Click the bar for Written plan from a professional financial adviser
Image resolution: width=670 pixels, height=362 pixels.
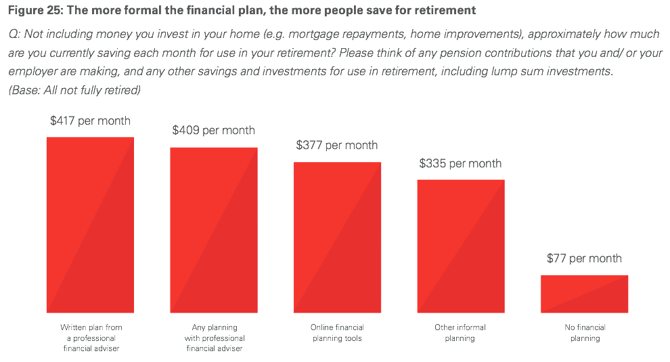[90, 224]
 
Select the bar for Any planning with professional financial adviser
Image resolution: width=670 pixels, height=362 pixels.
[214, 230]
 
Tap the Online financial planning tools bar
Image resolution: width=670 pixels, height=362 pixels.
[337, 237]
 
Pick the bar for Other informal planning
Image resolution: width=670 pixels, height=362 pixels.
[461, 246]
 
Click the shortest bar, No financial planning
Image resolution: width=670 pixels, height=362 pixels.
[584, 294]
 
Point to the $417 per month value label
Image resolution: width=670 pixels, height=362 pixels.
[90, 121]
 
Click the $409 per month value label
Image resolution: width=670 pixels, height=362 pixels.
[214, 131]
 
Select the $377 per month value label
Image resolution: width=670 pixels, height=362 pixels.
[337, 146]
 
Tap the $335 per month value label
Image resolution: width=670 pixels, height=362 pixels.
[460, 163]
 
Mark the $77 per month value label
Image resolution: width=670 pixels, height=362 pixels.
[584, 258]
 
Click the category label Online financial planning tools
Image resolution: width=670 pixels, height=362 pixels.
[337, 333]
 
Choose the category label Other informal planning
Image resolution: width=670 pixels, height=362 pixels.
[460, 333]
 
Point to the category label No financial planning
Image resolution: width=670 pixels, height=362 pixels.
[585, 333]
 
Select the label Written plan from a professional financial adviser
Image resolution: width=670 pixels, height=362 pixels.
[91, 338]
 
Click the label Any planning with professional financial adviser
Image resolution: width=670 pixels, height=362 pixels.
[215, 338]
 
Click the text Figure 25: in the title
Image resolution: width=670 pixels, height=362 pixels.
[35, 10]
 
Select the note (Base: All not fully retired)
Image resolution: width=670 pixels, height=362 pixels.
[74, 90]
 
